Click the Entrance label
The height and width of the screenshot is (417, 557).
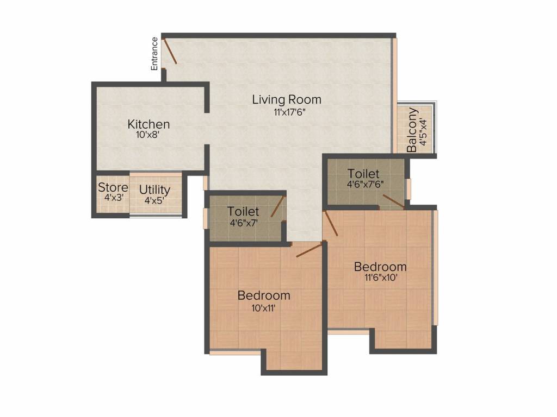[154, 54]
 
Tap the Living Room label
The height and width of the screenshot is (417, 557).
[287, 100]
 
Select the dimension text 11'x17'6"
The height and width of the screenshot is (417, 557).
[289, 113]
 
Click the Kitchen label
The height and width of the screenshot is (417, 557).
[148, 124]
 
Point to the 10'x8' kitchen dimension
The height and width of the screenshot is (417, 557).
[148, 135]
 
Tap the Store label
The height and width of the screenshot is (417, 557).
[113, 187]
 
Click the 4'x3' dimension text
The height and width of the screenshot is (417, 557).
[114, 198]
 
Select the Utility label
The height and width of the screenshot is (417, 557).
[154, 189]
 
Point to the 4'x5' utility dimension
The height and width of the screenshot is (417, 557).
[154, 201]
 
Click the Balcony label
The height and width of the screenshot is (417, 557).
[412, 130]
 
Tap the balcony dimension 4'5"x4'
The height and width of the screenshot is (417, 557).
[423, 131]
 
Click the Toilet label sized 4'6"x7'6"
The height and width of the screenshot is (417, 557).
[363, 174]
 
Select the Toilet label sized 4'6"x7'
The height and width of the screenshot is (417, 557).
[243, 211]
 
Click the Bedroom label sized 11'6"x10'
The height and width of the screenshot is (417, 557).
[380, 267]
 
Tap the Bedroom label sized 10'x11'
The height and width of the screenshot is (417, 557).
[264, 295]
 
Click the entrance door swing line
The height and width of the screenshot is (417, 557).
[170, 52]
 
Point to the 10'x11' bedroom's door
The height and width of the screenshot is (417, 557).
[310, 249]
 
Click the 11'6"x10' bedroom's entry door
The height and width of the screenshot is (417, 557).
[331, 223]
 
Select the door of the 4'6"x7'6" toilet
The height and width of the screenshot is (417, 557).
[393, 201]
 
